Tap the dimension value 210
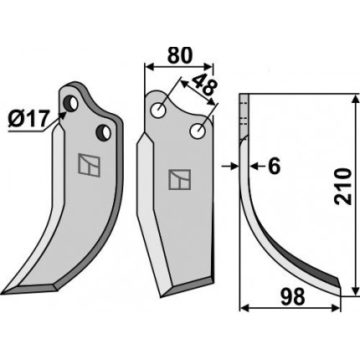[342, 187]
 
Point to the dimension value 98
[292, 296]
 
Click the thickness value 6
[274, 167]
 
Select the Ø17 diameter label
[28, 120]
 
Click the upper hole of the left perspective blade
[70, 104]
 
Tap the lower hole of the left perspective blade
[103, 132]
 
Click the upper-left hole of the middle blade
[158, 110]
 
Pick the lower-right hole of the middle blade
[198, 131]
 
